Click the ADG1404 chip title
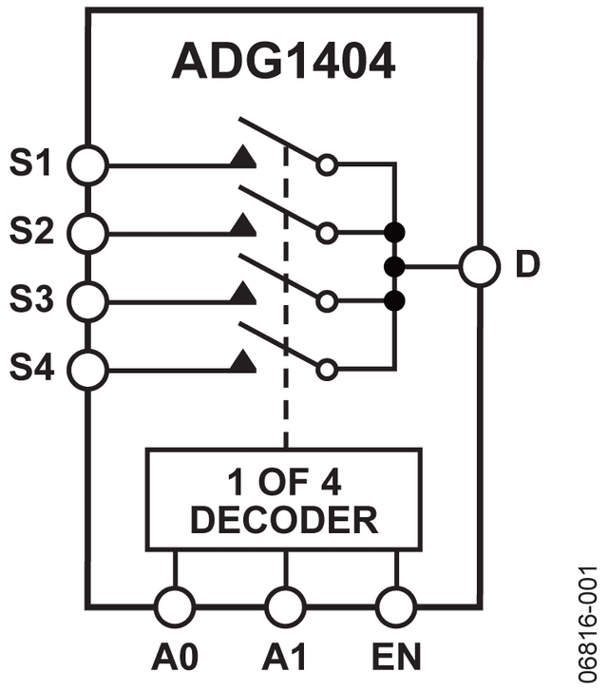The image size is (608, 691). pyautogui.click(x=283, y=61)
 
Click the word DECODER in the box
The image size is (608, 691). pyautogui.click(x=284, y=520)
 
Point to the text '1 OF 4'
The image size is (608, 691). pyautogui.click(x=284, y=482)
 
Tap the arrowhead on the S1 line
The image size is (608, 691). pyautogui.click(x=243, y=157)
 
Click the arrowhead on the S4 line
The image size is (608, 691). pyautogui.click(x=243, y=362)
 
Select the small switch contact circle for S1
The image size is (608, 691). pyautogui.click(x=327, y=165)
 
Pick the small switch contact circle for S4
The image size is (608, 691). pyautogui.click(x=327, y=370)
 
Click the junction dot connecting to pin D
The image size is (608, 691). pyautogui.click(x=394, y=267)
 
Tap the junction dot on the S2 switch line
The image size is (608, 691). pyautogui.click(x=394, y=232)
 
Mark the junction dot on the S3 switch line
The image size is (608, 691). pyautogui.click(x=394, y=301)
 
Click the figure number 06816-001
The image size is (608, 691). pyautogui.click(x=587, y=624)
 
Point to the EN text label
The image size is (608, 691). pyautogui.click(x=396, y=657)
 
